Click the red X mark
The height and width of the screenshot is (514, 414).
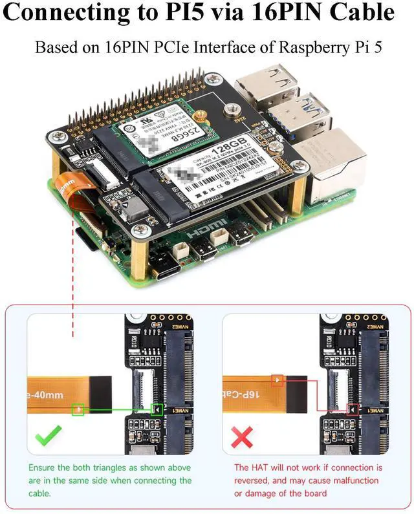tap(242, 438)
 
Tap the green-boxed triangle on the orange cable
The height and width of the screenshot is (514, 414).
tap(78, 409)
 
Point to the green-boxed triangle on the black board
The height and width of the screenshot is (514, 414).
tap(157, 409)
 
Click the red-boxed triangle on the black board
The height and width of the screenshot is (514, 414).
tap(353, 409)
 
